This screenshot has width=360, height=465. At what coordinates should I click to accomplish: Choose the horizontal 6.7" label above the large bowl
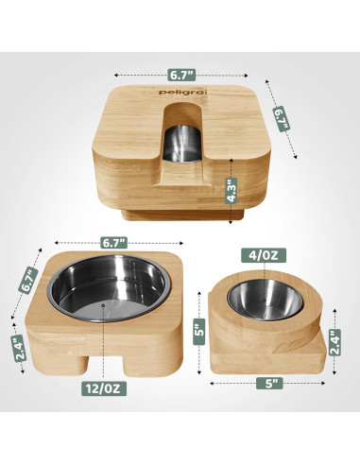click(99, 243)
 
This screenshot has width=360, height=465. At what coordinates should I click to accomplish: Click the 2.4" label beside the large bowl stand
click(21, 350)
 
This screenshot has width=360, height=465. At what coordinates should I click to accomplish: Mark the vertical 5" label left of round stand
click(199, 330)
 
